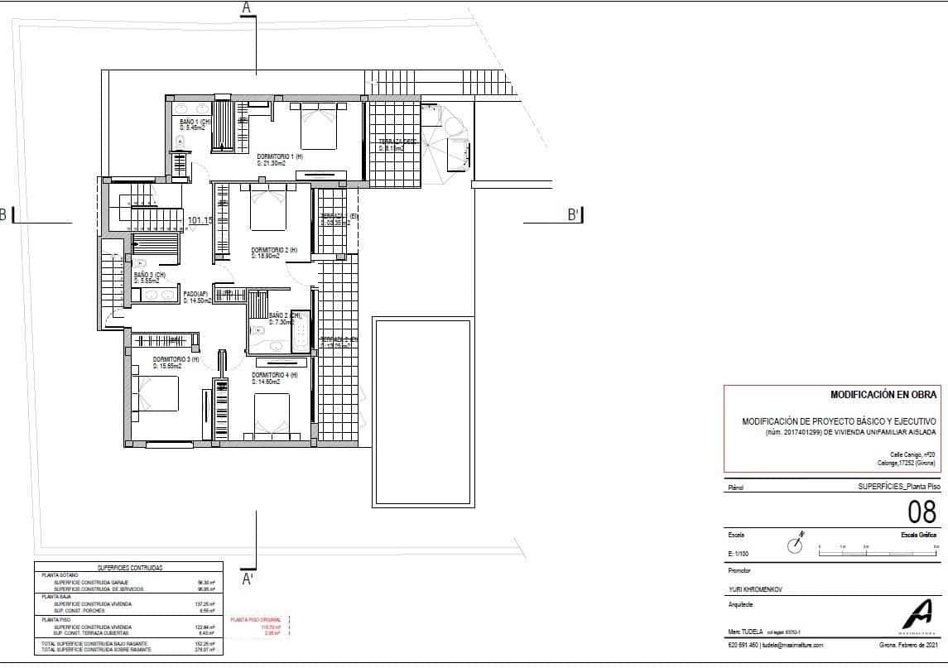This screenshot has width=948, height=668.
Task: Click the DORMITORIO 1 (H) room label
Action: click(279, 156)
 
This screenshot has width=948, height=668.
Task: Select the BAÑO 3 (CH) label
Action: click(150, 275)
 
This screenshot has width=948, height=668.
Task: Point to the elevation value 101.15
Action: click(200, 220)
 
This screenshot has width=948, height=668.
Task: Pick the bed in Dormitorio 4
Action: click(271, 413)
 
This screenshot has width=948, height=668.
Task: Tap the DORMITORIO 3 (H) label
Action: click(176, 359)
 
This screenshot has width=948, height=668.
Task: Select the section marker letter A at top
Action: click(246, 8)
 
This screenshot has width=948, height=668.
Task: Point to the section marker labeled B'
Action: click(573, 215)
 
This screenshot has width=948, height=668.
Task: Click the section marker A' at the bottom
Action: click(247, 579)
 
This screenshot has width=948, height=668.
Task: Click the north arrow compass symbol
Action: click(796, 543)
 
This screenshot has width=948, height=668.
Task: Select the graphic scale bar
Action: click(878, 548)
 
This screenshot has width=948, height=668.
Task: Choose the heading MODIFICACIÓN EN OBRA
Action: click(883, 395)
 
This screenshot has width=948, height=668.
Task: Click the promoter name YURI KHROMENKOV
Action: click(754, 589)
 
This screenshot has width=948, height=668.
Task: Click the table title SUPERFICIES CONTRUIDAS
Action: click(130, 568)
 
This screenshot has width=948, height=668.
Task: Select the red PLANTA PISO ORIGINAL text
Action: click(255, 619)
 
